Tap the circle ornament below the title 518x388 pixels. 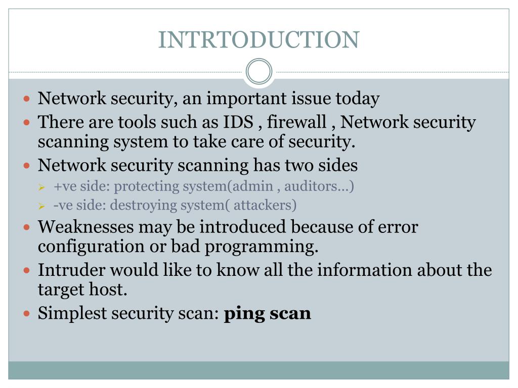click(259, 72)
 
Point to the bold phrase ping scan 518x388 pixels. click(267, 314)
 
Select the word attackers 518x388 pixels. click(265, 205)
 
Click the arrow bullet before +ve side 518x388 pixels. click(42, 187)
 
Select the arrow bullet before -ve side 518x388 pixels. click(42, 206)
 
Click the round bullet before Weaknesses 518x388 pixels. click(28, 227)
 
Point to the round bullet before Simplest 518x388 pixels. click(28, 314)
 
